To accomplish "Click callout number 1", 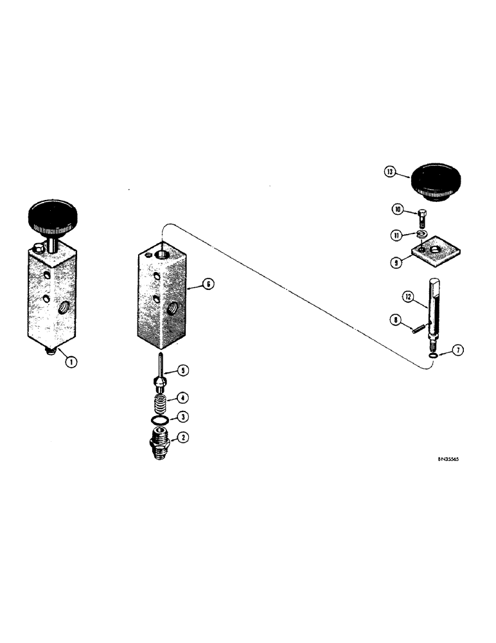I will (x=71, y=362).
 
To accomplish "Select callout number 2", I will (x=182, y=438).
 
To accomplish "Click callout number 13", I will (x=389, y=172).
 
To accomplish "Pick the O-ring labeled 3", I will (x=161, y=421).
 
